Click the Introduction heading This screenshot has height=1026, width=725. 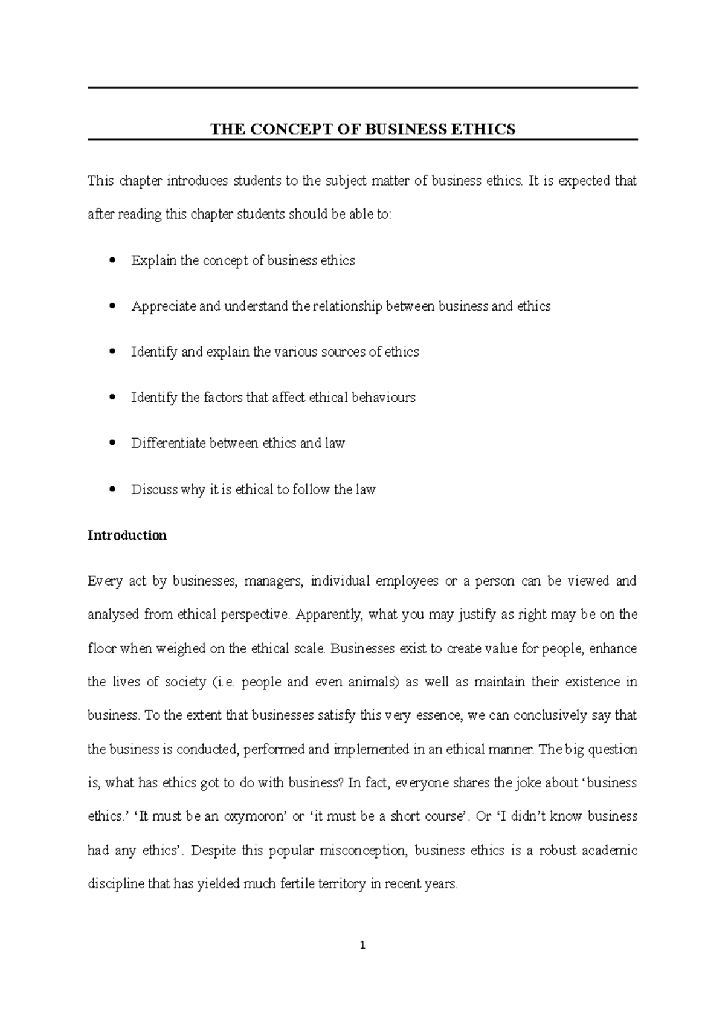tap(127, 535)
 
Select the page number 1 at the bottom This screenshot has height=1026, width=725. tap(362, 946)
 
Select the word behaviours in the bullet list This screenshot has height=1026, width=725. tap(383, 398)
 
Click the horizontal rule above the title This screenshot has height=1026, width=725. tap(362, 88)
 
